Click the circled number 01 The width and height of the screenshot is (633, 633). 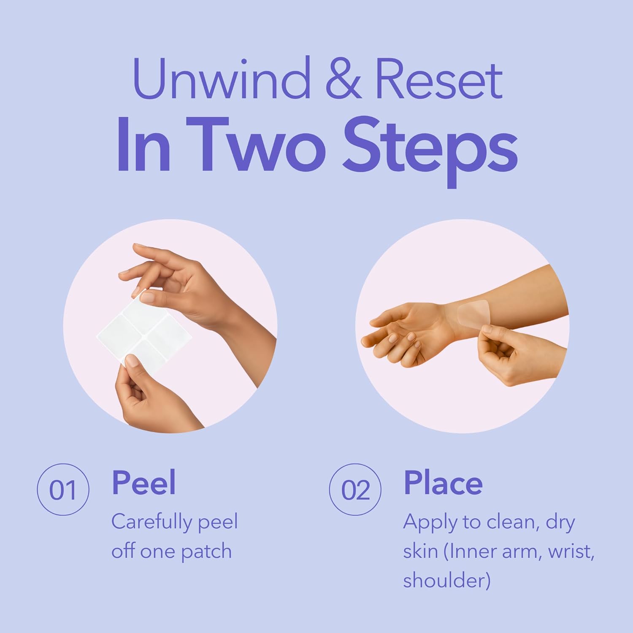coord(63,490)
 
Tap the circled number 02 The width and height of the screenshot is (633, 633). coord(355,490)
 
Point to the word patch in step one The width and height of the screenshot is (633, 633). coord(206,552)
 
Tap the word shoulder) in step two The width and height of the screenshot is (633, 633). coord(446,581)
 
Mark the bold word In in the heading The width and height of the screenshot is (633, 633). coord(143,145)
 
